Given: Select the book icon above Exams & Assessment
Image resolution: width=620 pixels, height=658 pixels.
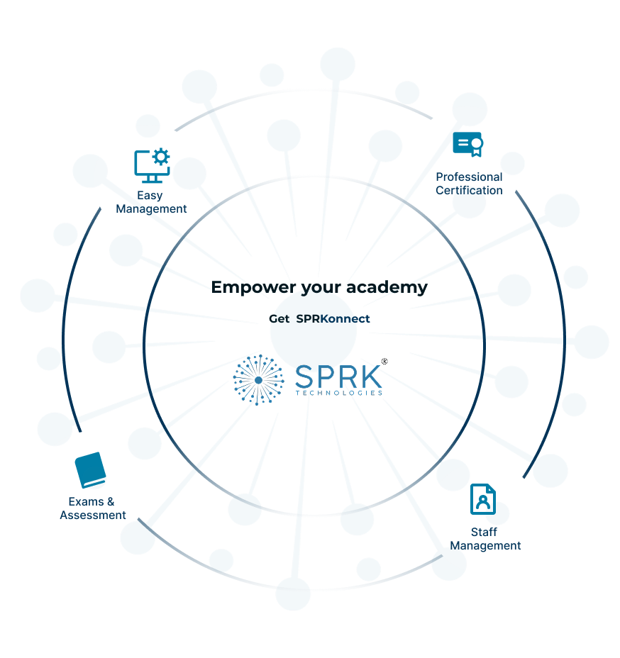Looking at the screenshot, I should [90, 470].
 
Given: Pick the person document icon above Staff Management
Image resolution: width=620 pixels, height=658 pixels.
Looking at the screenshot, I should [483, 499].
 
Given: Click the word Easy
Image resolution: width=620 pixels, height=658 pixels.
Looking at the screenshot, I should [150, 195].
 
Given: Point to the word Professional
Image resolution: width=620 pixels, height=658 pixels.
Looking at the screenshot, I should [469, 177].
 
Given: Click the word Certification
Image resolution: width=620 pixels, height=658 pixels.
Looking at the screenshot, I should [469, 190].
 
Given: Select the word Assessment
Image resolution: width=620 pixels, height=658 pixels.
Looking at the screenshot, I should [93, 515].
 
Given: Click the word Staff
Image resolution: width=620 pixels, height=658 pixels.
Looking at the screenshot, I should [484, 532].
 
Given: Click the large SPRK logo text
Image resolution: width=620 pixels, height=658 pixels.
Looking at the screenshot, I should [338, 377].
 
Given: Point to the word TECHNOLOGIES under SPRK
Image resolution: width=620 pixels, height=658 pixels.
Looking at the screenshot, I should [338, 393].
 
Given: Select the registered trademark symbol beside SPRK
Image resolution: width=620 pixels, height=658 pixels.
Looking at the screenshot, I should [385, 362].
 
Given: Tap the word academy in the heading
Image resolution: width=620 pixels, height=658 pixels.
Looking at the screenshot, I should [390, 287].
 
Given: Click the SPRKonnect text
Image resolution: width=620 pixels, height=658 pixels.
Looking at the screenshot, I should [333, 319].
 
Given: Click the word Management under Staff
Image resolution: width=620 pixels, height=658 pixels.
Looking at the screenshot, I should [485, 546].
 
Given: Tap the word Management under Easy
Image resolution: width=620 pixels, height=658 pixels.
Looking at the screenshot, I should [151, 209].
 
